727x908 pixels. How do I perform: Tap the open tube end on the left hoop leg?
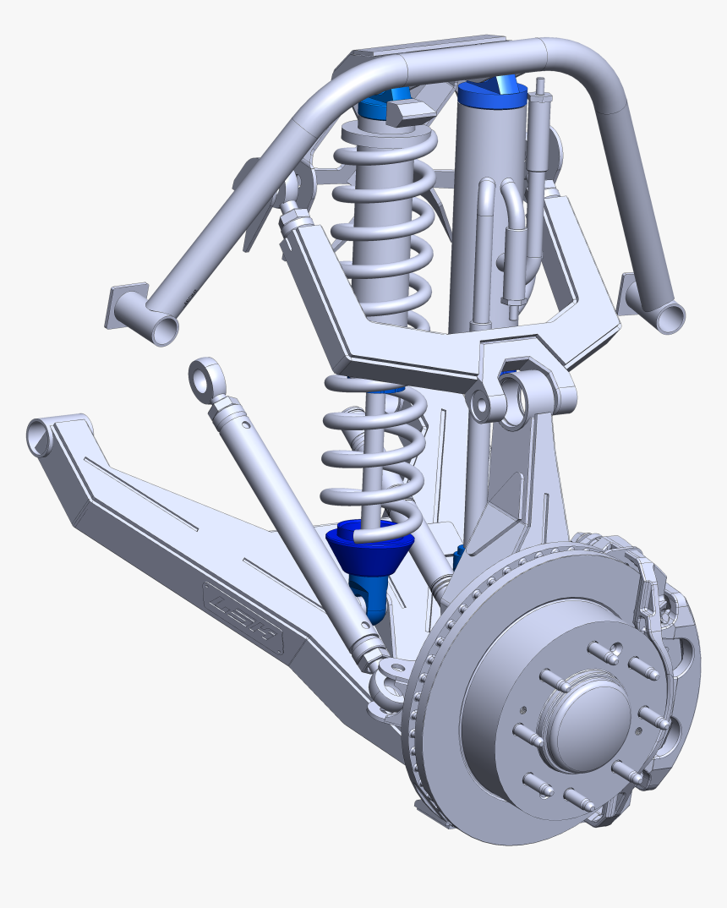164,328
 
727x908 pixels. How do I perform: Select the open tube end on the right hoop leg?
671,316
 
